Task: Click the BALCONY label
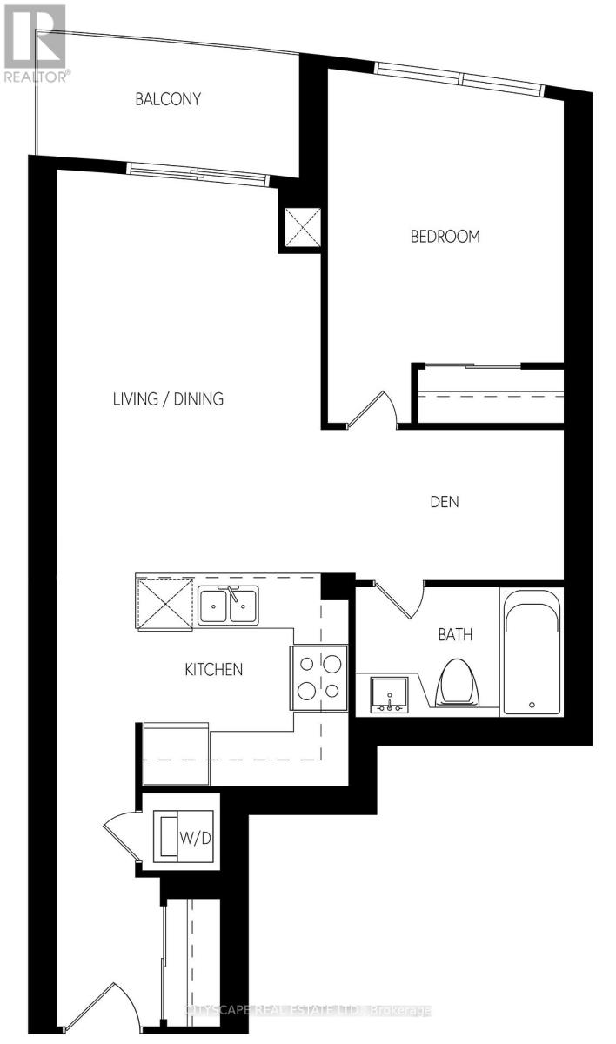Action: click(168, 99)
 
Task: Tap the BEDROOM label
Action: click(445, 236)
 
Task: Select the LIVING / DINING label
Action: click(168, 399)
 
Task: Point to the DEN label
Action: click(444, 502)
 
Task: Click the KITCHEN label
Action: click(213, 669)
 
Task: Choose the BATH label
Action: click(455, 634)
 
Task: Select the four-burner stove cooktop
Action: click(319, 677)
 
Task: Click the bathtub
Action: click(532, 652)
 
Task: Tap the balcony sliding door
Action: click(198, 172)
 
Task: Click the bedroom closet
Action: click(490, 394)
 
